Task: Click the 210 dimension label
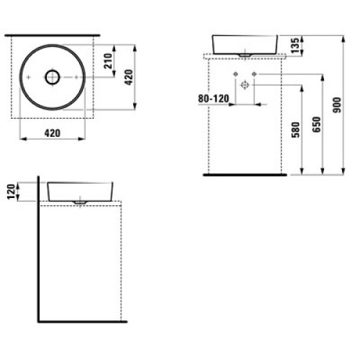pos(108,61)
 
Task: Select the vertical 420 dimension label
pos(129,77)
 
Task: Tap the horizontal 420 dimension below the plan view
pos(52,133)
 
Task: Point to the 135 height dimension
pos(296,45)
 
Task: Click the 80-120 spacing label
pos(213,99)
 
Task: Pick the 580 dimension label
pos(296,130)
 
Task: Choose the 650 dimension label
pos(317,125)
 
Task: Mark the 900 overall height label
pos(337,105)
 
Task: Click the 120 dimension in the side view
pos(11,192)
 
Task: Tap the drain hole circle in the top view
pos(53,77)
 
